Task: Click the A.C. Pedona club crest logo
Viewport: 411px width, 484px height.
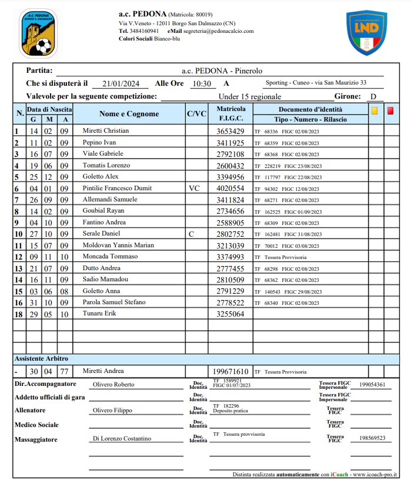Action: [x=38, y=33]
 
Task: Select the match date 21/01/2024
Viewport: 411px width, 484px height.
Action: [x=121, y=84]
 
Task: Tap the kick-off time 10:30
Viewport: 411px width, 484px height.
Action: [x=202, y=84]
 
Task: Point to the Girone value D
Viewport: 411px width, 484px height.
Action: [x=373, y=97]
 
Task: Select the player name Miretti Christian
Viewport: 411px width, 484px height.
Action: [x=105, y=131]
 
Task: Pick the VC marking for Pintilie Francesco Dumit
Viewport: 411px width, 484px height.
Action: [x=195, y=188]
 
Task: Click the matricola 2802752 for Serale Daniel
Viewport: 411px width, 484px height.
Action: [x=230, y=234]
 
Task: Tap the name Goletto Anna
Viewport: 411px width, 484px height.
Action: [x=102, y=291]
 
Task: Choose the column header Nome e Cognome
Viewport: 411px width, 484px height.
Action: [x=129, y=114]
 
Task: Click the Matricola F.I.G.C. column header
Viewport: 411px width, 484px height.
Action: [x=230, y=114]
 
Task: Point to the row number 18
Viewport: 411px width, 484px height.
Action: [x=18, y=314]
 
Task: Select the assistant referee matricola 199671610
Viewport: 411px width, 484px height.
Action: [x=231, y=371]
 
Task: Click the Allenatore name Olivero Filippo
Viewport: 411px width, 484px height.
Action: [x=113, y=411]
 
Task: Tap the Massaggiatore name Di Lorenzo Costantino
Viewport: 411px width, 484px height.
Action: [x=122, y=439]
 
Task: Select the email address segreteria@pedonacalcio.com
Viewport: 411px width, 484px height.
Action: [x=218, y=31]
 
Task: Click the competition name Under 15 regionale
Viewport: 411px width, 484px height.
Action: [x=250, y=97]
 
